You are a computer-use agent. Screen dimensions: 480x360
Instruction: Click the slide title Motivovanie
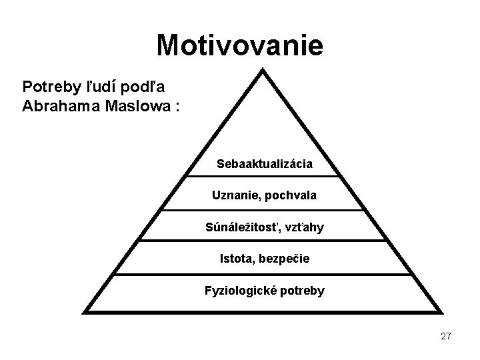click(x=239, y=46)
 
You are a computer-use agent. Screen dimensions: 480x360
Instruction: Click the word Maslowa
click(x=131, y=106)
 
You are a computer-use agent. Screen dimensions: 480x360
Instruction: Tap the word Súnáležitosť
click(x=242, y=228)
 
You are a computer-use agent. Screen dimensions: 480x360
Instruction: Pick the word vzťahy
click(x=303, y=228)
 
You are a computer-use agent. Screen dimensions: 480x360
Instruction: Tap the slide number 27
click(x=445, y=337)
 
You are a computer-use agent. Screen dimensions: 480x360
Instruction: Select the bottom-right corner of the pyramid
click(x=442, y=311)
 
